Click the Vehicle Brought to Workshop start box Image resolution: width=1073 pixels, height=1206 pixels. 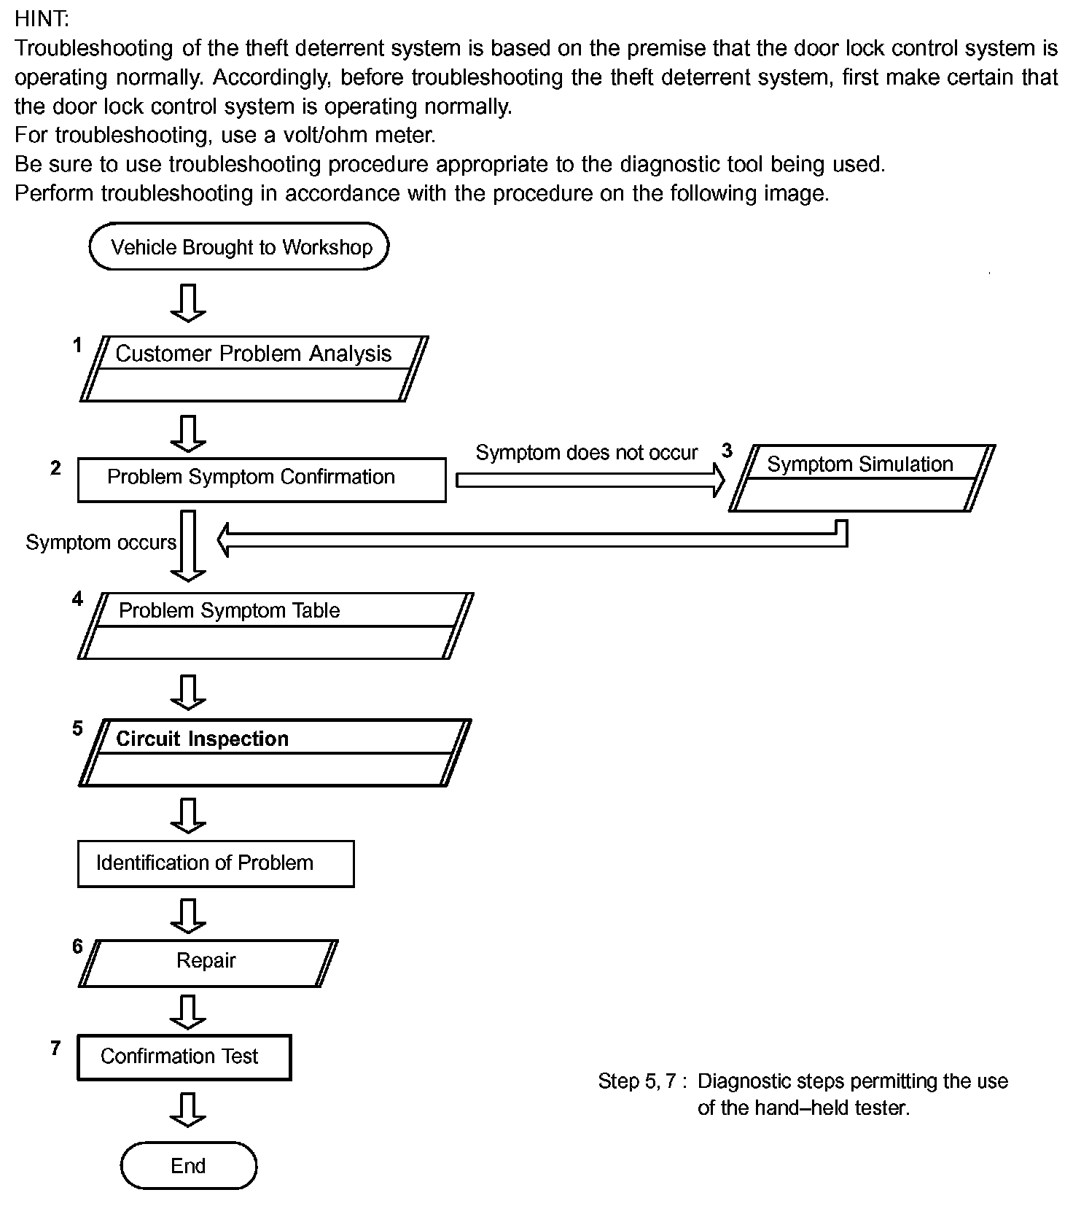239,247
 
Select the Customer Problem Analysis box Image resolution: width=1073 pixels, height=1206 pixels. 254,368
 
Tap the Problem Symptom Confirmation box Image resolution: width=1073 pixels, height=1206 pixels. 261,479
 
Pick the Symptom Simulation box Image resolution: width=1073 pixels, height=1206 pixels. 861,478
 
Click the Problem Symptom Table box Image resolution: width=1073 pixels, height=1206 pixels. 275,626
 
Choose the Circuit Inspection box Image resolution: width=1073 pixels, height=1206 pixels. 274,752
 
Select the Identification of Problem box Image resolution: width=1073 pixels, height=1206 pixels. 215,863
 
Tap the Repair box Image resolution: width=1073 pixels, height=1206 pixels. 207,962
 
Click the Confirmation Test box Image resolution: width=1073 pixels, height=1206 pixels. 184,1057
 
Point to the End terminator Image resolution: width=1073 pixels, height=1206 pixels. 188,1165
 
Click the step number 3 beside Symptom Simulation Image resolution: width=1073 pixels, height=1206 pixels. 727,451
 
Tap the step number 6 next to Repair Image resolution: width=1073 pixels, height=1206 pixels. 78,946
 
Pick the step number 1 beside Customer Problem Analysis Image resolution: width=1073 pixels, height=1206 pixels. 77,345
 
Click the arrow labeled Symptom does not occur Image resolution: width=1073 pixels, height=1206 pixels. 590,479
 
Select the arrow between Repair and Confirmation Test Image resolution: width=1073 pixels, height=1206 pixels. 188,1011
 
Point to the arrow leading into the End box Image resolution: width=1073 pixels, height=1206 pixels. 188,1110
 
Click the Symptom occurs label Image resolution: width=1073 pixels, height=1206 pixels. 101,542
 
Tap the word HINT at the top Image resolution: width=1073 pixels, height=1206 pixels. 42,18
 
